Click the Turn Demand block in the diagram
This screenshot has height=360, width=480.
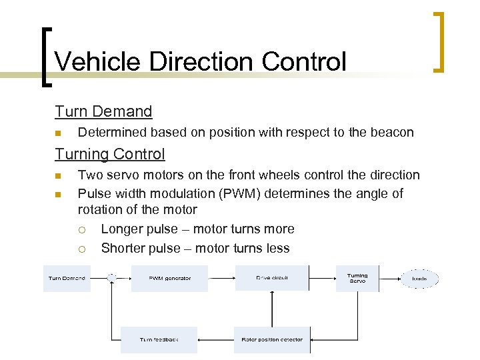point(67,278)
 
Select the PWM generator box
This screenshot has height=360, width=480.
point(169,278)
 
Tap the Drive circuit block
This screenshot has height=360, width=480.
point(272,278)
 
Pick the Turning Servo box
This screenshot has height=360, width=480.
point(357,278)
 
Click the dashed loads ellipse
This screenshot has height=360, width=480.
point(419,278)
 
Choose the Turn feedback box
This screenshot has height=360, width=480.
point(159,339)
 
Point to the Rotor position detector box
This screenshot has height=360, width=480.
point(272,339)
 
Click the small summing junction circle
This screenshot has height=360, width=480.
point(112,277)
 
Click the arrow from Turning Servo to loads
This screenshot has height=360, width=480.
point(389,278)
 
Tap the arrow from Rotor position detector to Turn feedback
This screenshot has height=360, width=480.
point(215,339)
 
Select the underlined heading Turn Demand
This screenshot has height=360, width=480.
point(103,111)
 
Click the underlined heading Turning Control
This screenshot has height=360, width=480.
point(110,154)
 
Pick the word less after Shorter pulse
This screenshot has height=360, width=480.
point(277,249)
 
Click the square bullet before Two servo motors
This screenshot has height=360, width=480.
point(59,176)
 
